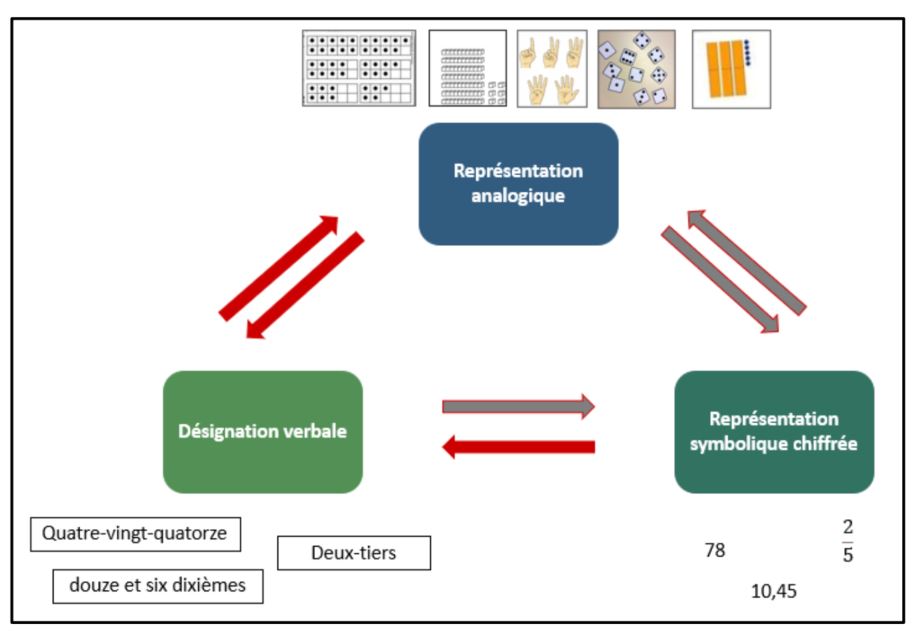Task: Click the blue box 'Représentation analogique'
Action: (x=518, y=184)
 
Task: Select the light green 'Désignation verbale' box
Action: (x=262, y=432)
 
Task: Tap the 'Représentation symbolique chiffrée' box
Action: (x=774, y=432)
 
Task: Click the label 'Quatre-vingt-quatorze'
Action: (x=136, y=534)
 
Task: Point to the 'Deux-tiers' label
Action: (x=353, y=553)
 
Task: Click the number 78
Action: (x=715, y=549)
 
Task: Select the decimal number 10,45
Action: (x=774, y=591)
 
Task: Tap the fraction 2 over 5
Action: (x=848, y=541)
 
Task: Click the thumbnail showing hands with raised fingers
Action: (x=552, y=68)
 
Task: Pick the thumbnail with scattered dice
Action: (x=635, y=68)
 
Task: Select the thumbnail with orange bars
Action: (x=730, y=68)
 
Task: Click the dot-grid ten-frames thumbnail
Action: (x=359, y=68)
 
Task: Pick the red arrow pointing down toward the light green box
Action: (x=304, y=286)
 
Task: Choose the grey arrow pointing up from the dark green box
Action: (x=746, y=262)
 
